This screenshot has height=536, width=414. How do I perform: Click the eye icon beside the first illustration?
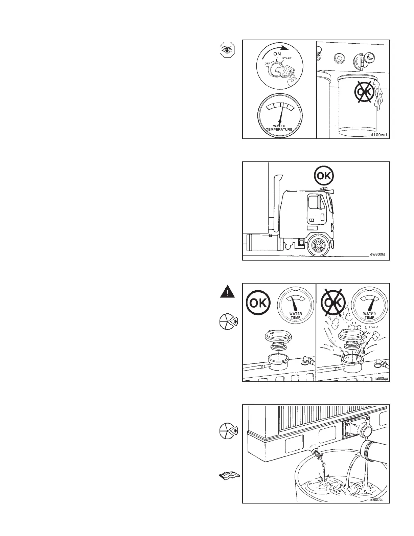tap(226, 50)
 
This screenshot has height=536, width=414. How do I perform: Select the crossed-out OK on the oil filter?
tap(364, 91)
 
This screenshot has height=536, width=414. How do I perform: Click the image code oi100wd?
tap(377, 134)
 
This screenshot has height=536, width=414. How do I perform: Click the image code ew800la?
tap(378, 256)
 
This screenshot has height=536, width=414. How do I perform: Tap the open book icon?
tap(228, 476)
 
